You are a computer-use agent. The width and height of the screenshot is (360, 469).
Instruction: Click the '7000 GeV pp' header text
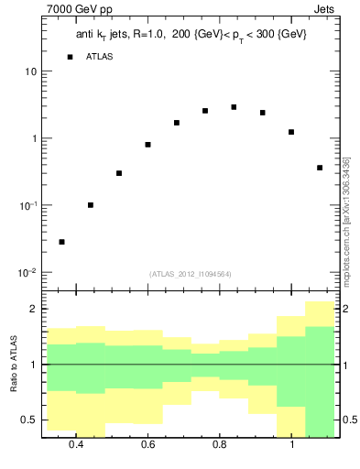[x=81, y=10]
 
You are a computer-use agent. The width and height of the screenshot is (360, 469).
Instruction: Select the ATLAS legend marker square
[x=70, y=57]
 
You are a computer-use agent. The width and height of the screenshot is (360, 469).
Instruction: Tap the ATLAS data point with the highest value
[x=235, y=107]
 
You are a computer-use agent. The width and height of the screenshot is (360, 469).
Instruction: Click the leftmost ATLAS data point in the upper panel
[x=61, y=242]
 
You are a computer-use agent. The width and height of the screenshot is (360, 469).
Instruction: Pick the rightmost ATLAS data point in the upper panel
[x=320, y=168]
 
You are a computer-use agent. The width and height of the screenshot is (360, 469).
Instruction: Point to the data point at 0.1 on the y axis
[x=91, y=205]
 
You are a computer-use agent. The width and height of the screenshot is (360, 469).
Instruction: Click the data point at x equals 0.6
[x=147, y=145]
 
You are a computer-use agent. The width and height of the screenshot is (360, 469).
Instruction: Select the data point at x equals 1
[x=291, y=132]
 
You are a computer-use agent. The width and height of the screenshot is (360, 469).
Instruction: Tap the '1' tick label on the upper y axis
[x=34, y=138]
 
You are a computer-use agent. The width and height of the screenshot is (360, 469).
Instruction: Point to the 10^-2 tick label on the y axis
[x=27, y=272]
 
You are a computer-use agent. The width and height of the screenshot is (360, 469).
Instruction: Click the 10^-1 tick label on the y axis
[x=27, y=205]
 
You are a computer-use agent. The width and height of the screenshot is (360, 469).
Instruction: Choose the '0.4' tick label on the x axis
[x=76, y=445]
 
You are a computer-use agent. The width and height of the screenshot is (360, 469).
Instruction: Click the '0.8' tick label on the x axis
[x=220, y=445]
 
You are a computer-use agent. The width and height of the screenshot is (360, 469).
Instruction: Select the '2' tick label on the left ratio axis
[x=34, y=310]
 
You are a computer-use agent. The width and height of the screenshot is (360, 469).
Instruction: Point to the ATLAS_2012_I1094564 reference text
[x=191, y=273]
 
